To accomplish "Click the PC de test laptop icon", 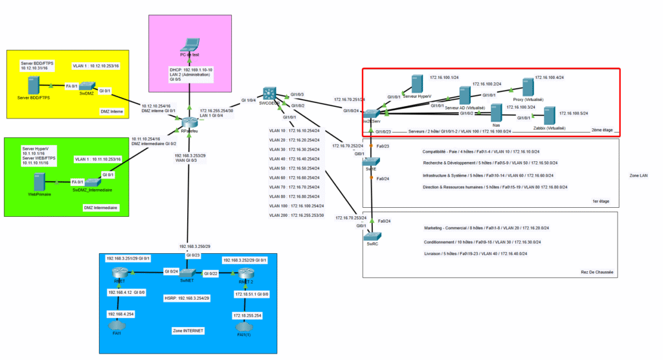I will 189,45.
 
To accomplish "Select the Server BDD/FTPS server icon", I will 31,86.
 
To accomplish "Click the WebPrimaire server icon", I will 38,182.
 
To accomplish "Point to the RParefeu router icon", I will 189,123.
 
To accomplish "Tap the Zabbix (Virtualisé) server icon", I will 548,117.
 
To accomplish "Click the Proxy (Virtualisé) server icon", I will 527,87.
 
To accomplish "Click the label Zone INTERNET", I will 187,330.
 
